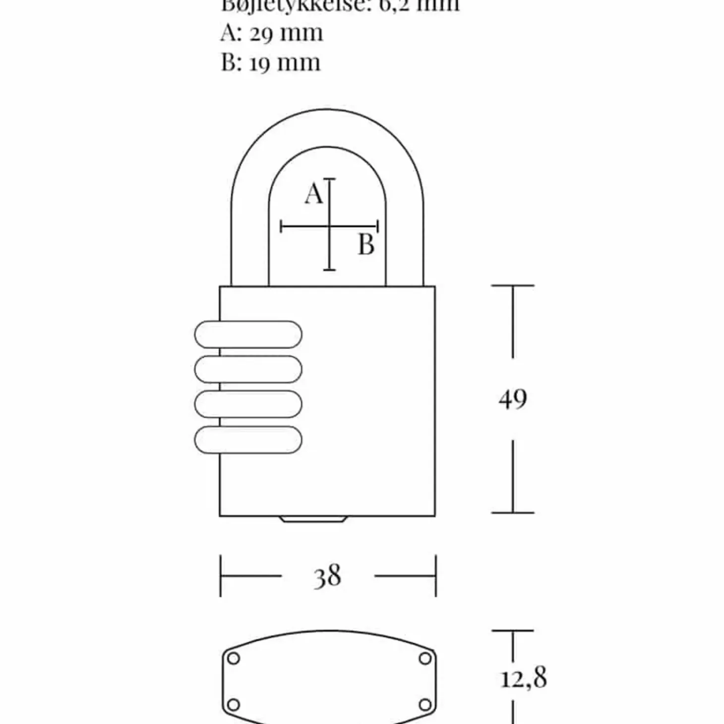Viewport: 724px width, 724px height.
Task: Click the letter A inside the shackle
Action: pos(313,193)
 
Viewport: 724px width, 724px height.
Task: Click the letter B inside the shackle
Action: pos(366,244)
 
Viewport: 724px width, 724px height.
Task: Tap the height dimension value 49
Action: pos(513,399)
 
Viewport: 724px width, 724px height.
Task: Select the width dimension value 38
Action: pos(327,576)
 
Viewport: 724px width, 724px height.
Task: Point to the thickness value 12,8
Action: pos(523,678)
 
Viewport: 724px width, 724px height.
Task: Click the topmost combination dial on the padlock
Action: pos(248,334)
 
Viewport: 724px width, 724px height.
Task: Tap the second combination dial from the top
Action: pos(248,369)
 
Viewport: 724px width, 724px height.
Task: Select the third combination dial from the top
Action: pos(248,404)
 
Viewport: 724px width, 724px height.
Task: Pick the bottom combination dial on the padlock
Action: pos(248,439)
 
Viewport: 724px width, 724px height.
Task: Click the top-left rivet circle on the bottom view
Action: pos(233,659)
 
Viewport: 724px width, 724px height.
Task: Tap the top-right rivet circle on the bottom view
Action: pos(425,659)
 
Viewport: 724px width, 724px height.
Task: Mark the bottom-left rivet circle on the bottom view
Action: pos(233,705)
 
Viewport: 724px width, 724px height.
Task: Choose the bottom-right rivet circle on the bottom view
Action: pos(425,705)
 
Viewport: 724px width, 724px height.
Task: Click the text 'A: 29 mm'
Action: pos(272,33)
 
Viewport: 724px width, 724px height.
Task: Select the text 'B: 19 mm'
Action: pos(271,63)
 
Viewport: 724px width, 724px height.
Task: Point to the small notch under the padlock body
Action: pos(312,519)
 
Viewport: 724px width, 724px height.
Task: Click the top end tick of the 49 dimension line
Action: pos(513,286)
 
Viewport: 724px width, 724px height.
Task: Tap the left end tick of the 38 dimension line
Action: pos(221,576)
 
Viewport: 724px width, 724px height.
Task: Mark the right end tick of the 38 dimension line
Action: pos(435,576)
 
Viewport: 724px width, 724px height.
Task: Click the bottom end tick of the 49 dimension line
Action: pos(513,512)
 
